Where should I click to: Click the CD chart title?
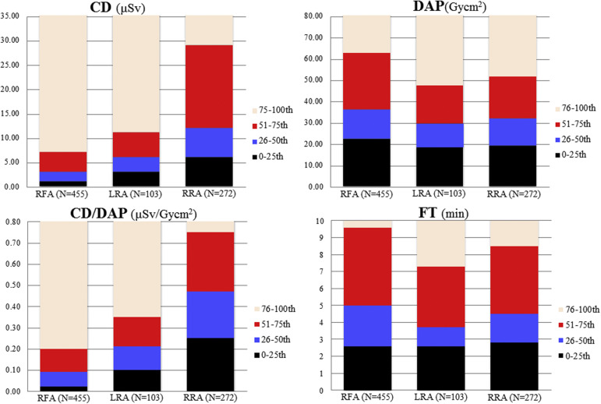(x=140, y=9)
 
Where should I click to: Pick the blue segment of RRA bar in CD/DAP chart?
(x=209, y=314)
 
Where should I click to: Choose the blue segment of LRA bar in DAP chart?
(x=440, y=135)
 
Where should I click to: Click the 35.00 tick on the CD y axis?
(x=16, y=16)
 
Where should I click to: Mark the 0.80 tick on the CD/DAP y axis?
(x=16, y=221)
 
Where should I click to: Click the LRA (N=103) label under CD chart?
(x=136, y=197)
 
